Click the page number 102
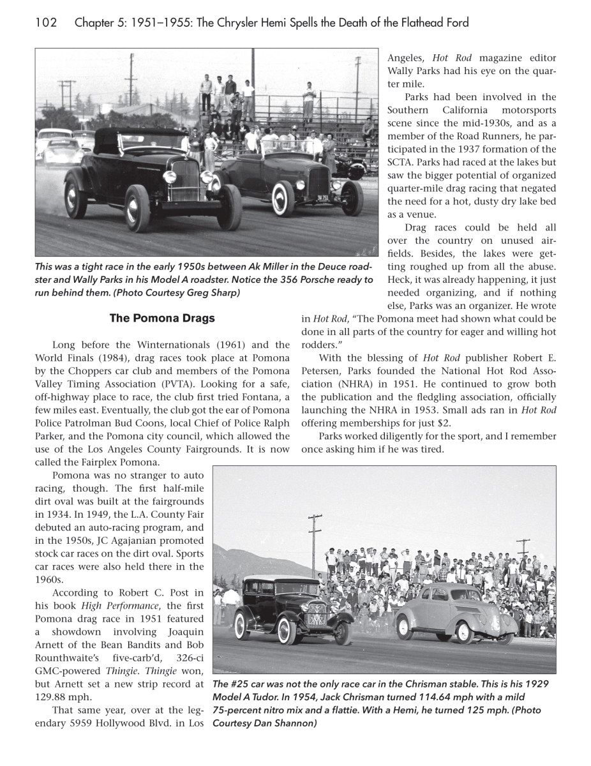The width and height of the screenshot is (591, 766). [x=46, y=24]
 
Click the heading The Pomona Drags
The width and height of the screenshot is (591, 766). [x=162, y=318]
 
